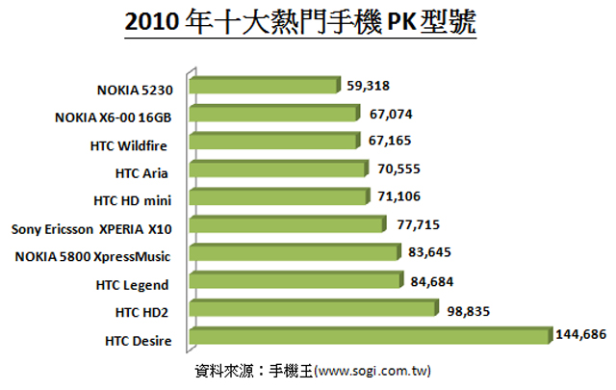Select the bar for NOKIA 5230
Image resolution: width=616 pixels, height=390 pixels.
[266, 87]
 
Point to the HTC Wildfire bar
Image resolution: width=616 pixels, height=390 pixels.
[274, 143]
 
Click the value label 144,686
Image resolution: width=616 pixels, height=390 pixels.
[581, 336]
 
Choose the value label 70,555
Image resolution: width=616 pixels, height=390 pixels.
[397, 169]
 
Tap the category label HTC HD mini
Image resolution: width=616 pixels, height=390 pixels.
[132, 201]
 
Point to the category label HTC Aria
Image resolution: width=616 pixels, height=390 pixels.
[142, 173]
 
